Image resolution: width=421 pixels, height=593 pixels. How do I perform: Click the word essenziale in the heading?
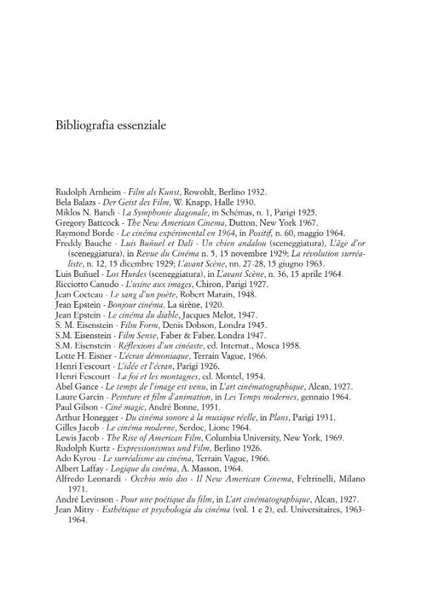[x=139, y=125]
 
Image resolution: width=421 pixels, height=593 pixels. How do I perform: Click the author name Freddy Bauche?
[x=84, y=243]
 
